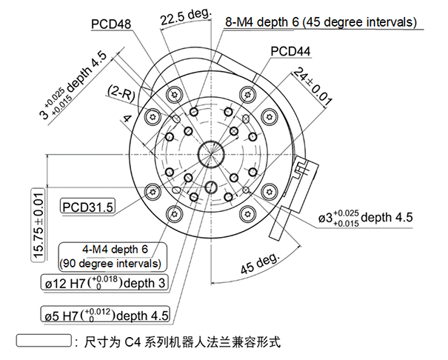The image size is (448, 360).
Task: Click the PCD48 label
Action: coord(112,24)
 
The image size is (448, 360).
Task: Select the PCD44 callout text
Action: coord(290,52)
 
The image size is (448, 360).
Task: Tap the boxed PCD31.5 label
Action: coord(88,207)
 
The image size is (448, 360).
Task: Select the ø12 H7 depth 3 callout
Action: coord(104,284)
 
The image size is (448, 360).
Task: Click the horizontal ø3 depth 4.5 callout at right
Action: coord(365,219)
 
